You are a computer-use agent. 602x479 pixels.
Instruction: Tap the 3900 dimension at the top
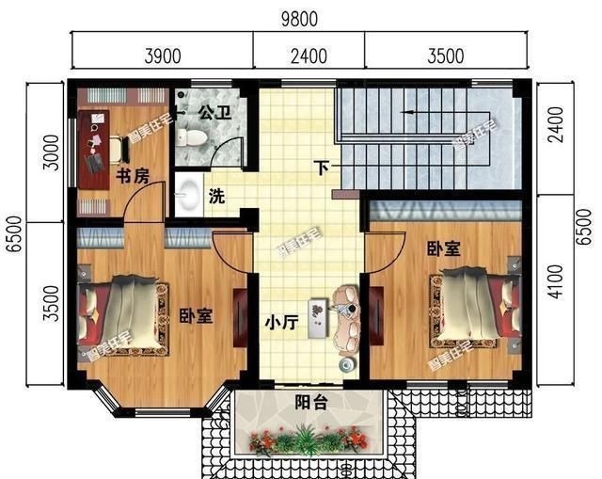coord(162,56)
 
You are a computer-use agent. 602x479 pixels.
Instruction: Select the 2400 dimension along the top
coord(309,56)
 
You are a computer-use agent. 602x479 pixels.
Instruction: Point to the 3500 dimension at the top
coord(444,56)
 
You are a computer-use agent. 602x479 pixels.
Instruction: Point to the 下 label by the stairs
coord(322,169)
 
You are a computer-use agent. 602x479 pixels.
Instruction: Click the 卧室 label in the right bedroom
coord(443,249)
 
